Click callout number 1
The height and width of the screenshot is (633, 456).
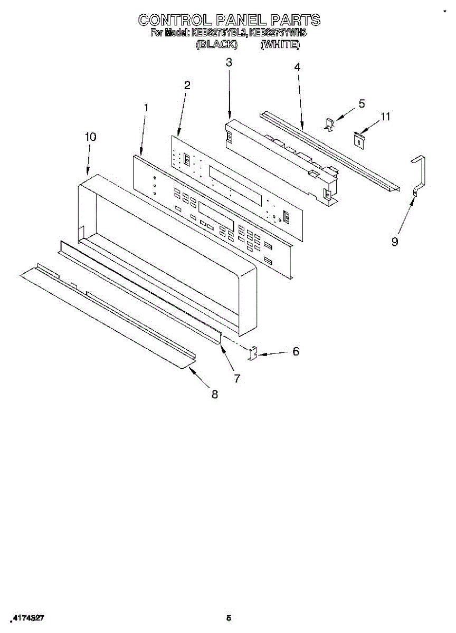(146, 107)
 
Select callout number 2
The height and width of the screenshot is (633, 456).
(187, 85)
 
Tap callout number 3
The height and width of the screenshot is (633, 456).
(229, 62)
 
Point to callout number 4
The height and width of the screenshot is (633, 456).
(297, 67)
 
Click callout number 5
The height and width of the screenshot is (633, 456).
(362, 103)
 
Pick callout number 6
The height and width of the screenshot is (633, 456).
(296, 351)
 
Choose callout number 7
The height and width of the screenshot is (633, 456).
(237, 378)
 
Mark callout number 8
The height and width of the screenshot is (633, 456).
(215, 394)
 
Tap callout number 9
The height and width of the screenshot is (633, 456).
(395, 242)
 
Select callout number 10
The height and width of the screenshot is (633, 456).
(90, 137)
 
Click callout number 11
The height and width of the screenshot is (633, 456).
(386, 117)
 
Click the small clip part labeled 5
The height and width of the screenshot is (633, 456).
(329, 124)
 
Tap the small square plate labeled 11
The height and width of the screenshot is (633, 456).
(359, 138)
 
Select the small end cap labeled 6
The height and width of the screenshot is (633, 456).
(253, 353)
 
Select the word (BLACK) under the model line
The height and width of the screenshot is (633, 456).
(216, 45)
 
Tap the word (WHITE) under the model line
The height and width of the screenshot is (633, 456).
(280, 45)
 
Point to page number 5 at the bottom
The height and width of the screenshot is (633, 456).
(229, 617)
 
